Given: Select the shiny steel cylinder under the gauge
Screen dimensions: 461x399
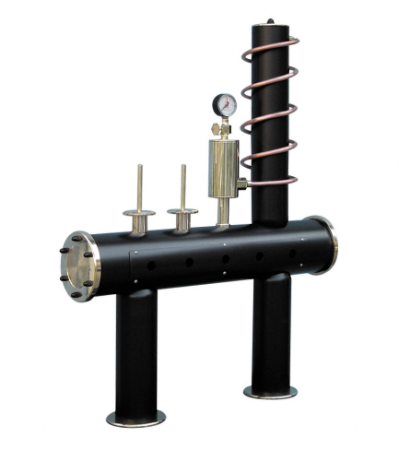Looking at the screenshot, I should click(x=222, y=166).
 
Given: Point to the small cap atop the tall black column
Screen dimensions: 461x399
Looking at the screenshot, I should click(x=270, y=20).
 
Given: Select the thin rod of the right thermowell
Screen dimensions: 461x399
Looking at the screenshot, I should click(x=183, y=184).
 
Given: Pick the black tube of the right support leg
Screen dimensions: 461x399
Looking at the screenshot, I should click(x=271, y=332).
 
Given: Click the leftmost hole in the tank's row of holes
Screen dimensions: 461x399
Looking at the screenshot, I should click(x=152, y=267).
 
